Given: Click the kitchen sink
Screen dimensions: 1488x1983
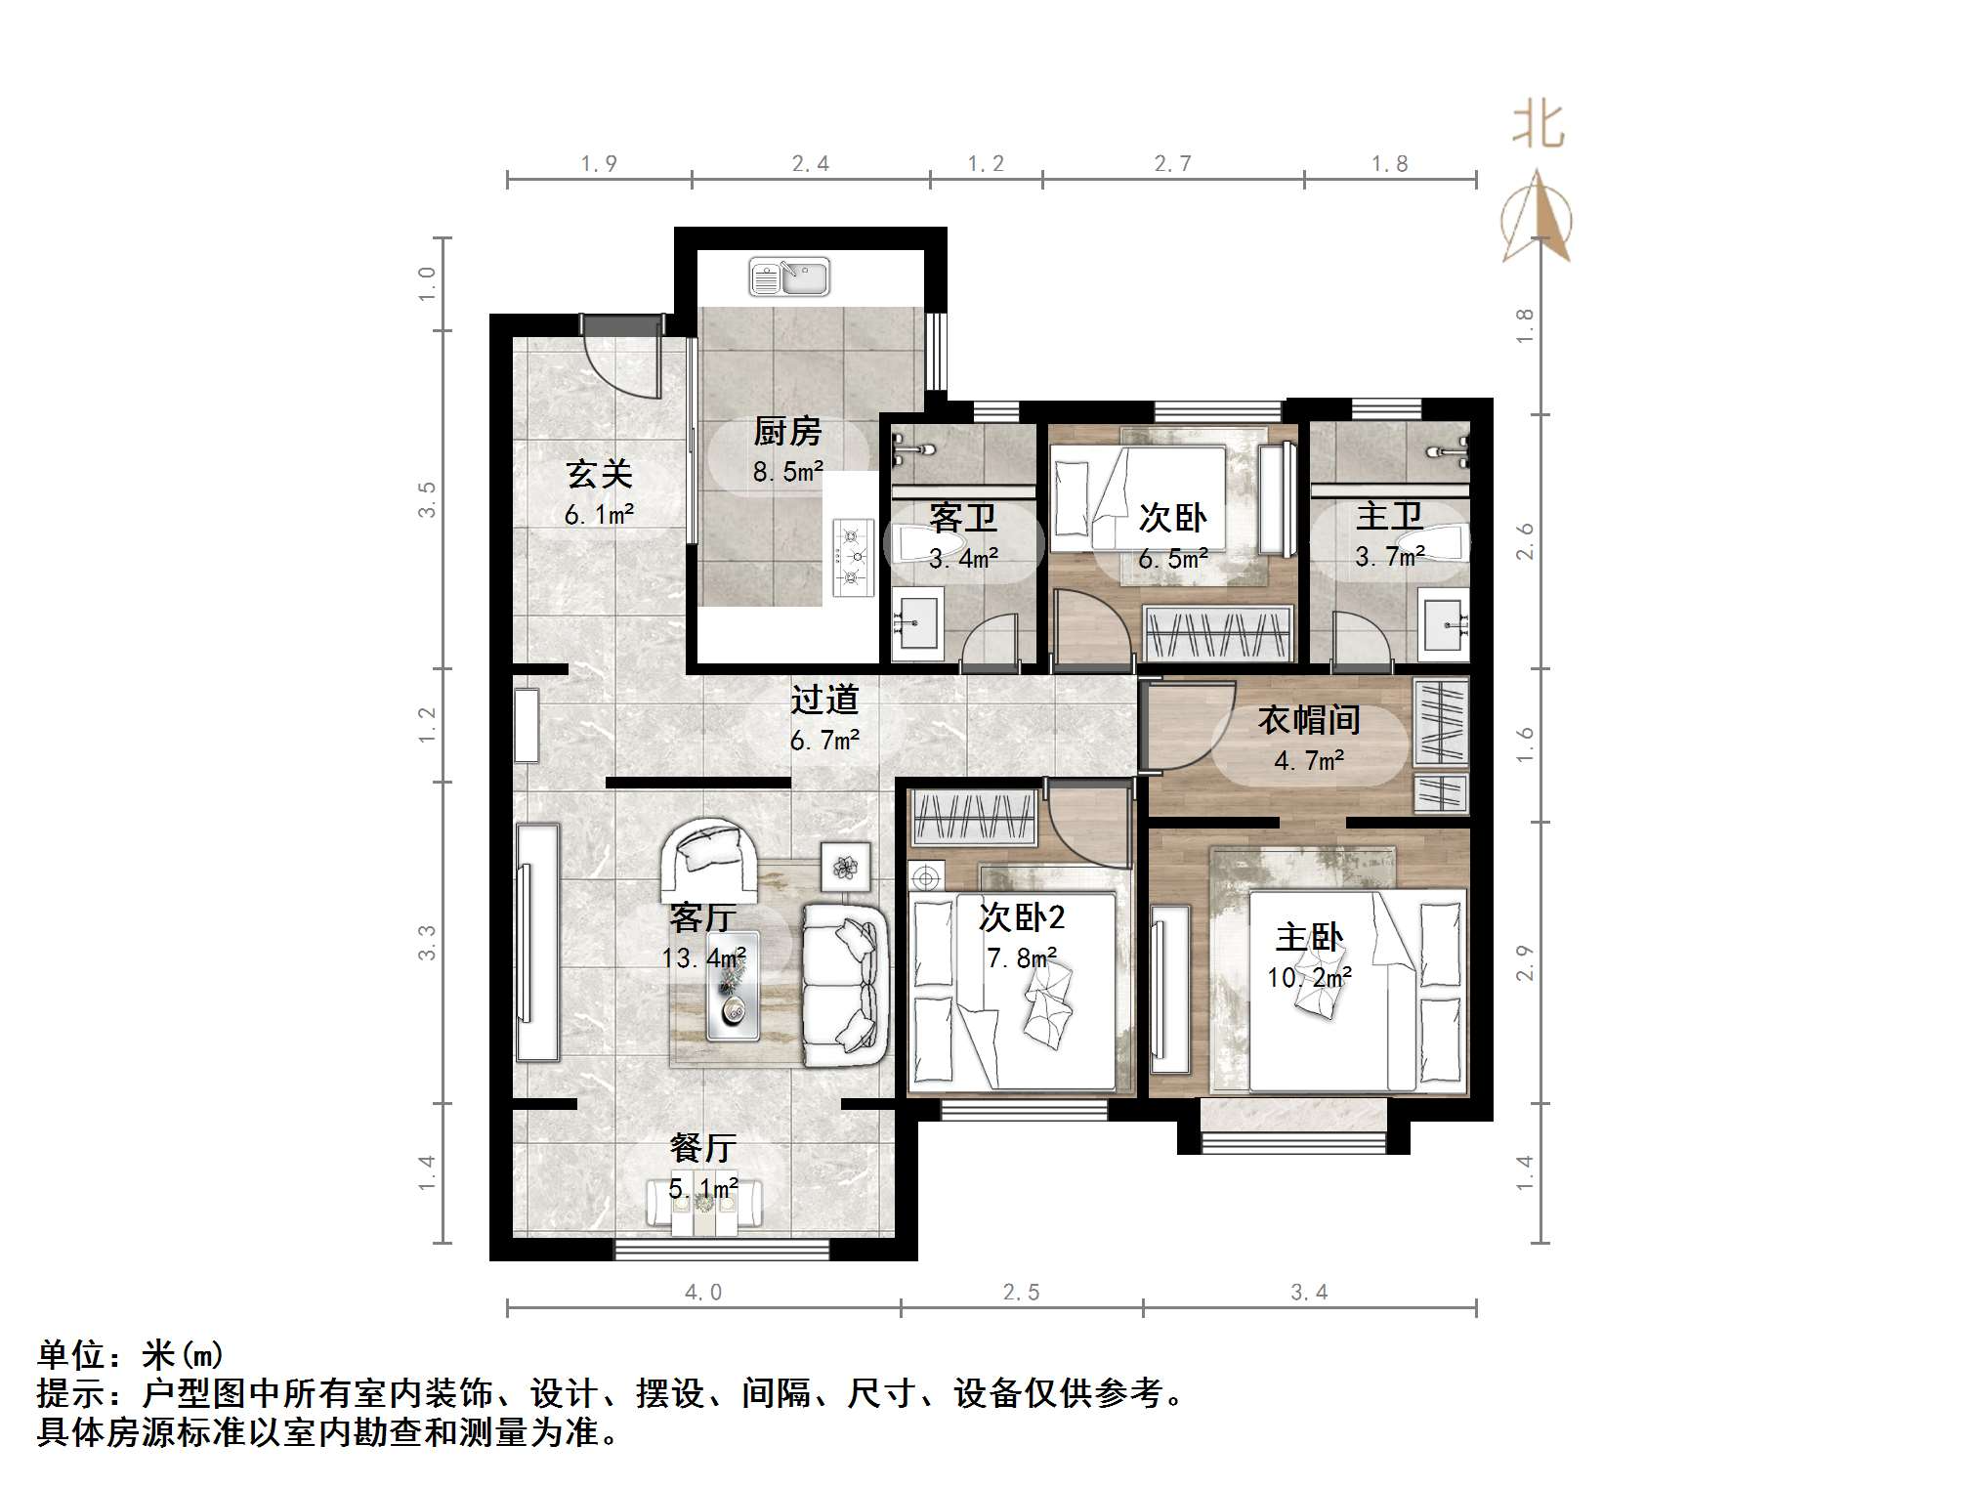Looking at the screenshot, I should tap(789, 277).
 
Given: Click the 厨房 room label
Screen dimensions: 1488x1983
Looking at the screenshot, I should tap(787, 431).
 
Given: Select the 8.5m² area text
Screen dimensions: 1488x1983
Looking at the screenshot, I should tap(787, 473).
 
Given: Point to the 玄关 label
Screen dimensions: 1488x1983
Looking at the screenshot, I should tap(600, 475).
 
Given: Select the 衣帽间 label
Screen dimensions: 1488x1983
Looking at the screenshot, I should tap(1309, 720).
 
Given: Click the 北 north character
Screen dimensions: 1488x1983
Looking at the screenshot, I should tap(1539, 126).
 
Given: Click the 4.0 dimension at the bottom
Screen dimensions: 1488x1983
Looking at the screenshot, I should tap(702, 1293).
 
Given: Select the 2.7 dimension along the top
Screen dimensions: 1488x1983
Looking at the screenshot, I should tap(1172, 164).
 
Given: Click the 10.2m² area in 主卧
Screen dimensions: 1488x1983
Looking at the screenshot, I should tap(1309, 977).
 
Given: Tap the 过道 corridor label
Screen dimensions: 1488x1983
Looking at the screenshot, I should tap(824, 700).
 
